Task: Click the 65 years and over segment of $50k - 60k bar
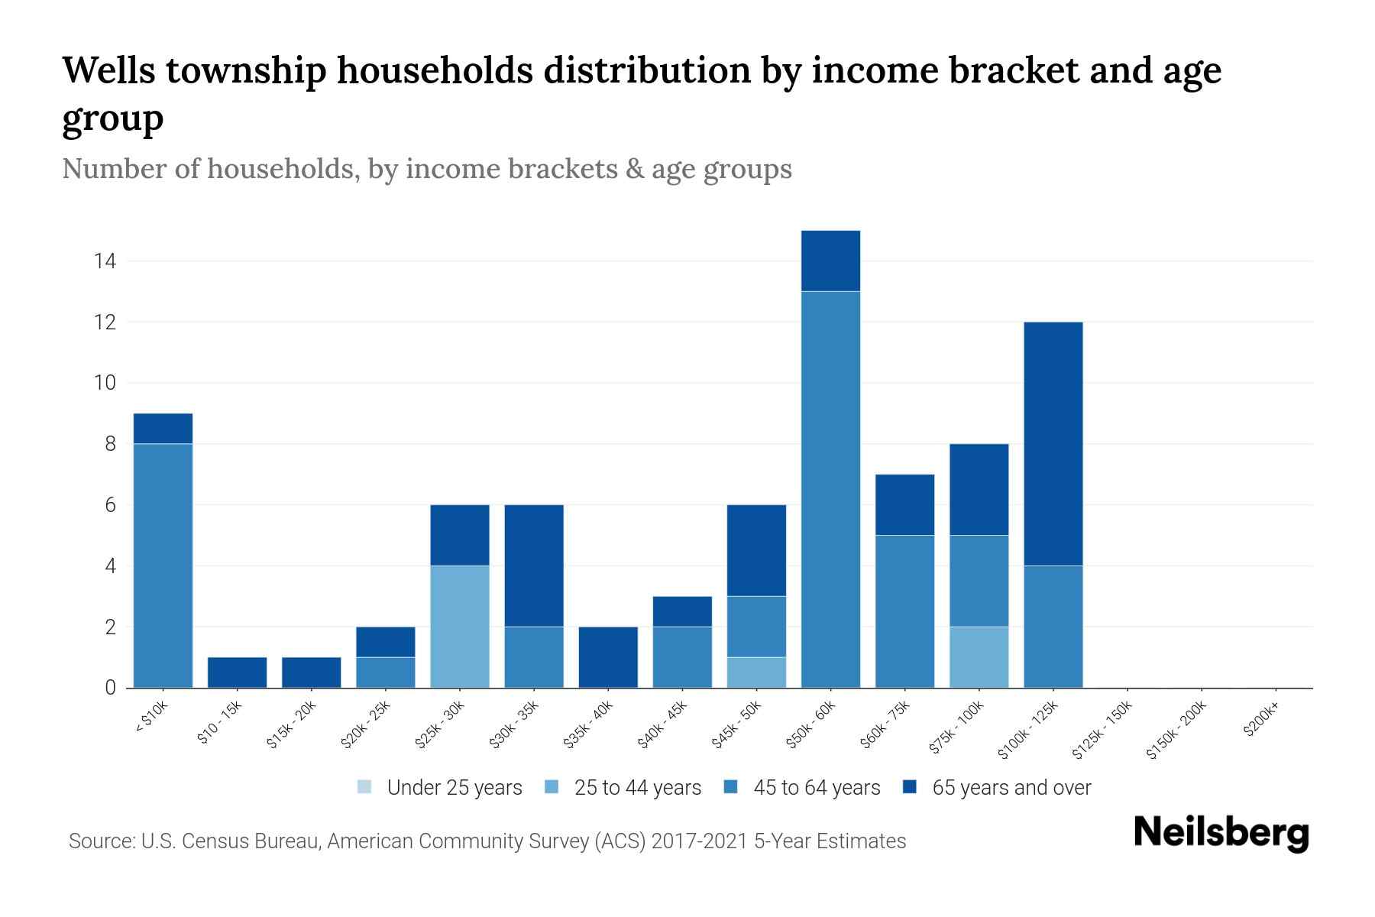830,261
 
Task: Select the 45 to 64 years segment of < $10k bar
163,565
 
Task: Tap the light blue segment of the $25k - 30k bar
460,627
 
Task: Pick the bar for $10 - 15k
238,672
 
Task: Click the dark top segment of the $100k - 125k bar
1053,443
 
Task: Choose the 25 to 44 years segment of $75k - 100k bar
979,657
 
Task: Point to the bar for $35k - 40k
608,657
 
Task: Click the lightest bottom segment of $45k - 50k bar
756,672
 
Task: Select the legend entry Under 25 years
455,788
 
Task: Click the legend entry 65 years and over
1011,788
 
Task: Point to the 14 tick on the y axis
105,261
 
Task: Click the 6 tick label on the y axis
111,505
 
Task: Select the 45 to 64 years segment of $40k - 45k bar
682,657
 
